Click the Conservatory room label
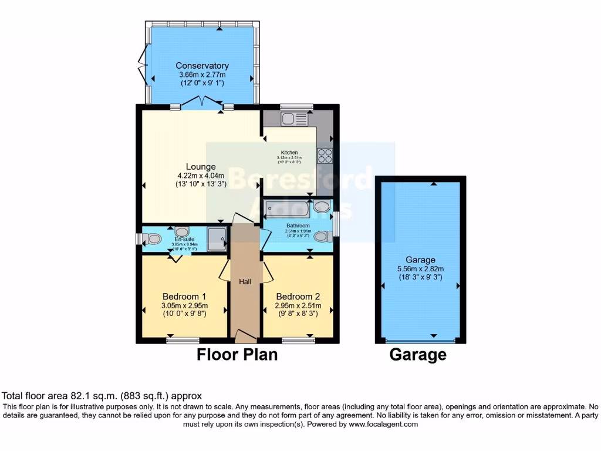tap(202, 66)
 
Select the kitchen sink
tap(294, 119)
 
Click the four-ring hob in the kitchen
tap(325, 156)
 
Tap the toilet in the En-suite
tap(153, 238)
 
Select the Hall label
tap(245, 282)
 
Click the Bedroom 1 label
tap(184, 295)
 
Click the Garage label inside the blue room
tap(420, 260)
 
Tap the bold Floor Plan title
tap(237, 355)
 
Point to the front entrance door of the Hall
tap(245, 336)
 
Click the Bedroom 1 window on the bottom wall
tap(181, 340)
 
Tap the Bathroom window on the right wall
tap(336, 224)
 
